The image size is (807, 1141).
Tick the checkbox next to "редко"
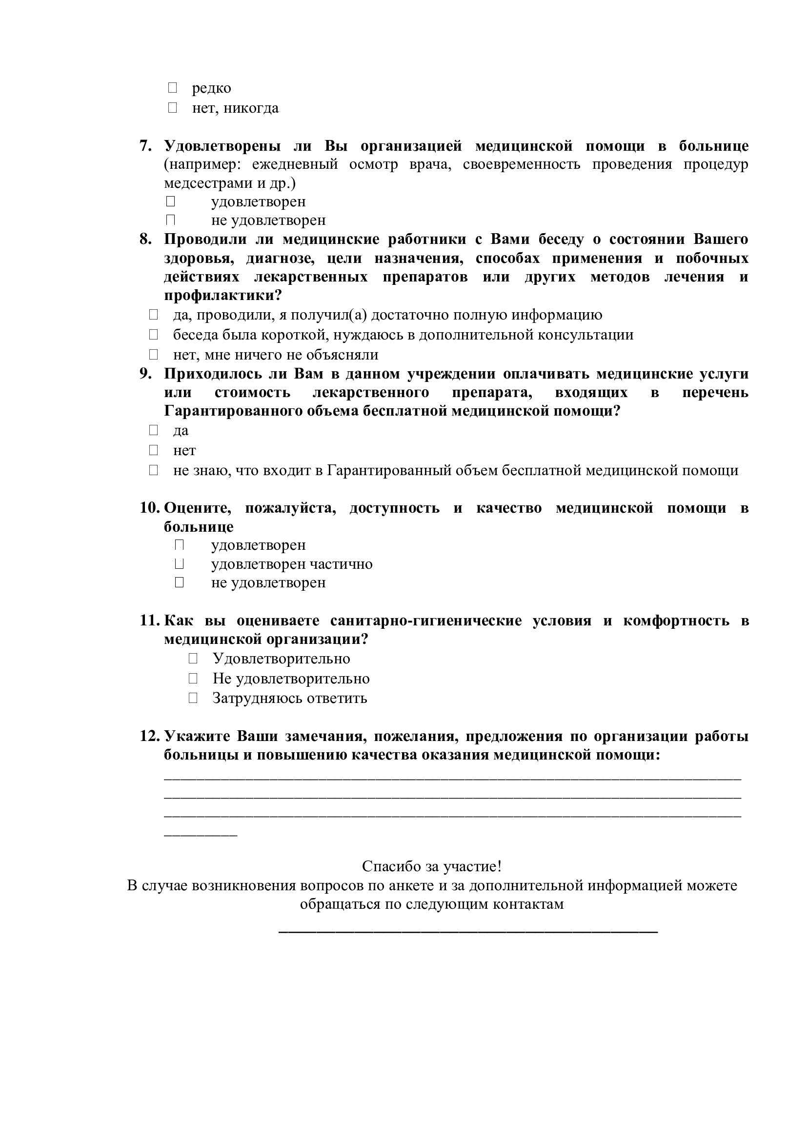click(x=172, y=88)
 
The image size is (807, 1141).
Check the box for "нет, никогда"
click(x=172, y=108)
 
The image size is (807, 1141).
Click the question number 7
click(x=145, y=146)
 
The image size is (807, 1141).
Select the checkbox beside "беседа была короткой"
click(x=153, y=335)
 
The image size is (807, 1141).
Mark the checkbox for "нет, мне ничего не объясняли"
click(x=153, y=354)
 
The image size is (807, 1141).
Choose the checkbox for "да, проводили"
click(x=153, y=315)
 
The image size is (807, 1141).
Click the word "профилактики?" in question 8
click(x=222, y=296)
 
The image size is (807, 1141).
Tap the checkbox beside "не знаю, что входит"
click(x=153, y=470)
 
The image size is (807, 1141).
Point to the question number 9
click(x=145, y=374)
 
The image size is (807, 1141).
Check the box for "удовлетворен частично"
click(x=180, y=564)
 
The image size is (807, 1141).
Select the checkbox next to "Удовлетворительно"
click(x=193, y=659)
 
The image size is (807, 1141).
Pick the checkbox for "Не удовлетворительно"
click(x=193, y=679)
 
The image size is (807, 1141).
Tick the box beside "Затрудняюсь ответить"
click(x=193, y=698)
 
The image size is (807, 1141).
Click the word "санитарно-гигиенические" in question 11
click(x=426, y=621)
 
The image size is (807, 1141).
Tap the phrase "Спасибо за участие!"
click(x=431, y=866)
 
